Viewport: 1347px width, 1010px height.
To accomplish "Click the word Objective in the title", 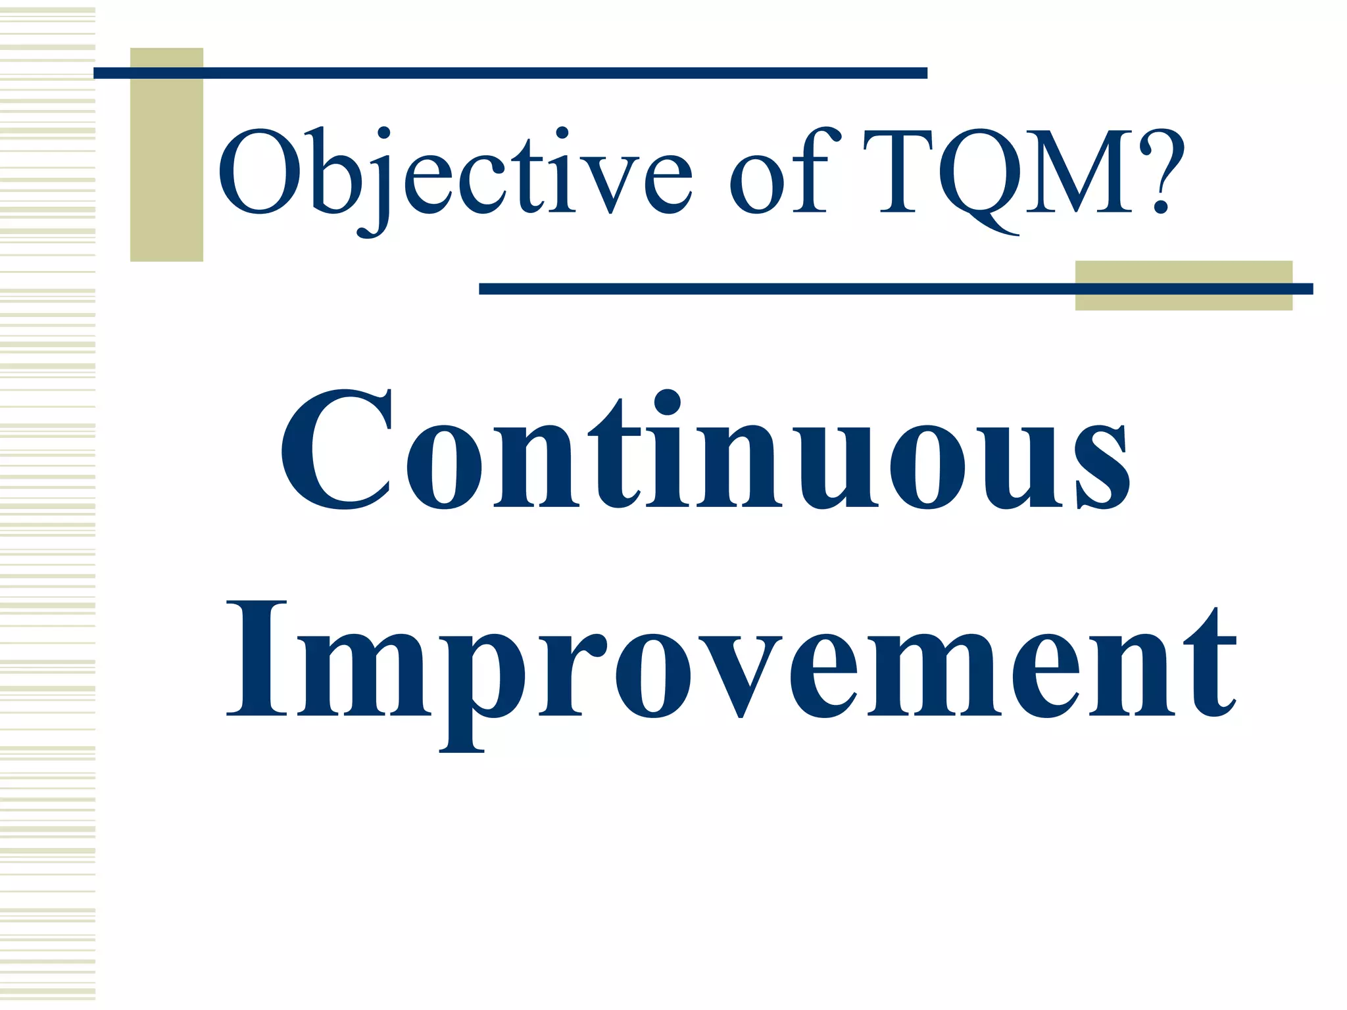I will [x=454, y=172].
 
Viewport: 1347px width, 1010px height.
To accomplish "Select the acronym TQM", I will [x=1000, y=172].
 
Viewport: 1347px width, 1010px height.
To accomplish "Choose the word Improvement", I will [x=730, y=664].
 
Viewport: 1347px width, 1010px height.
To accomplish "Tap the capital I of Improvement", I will [x=257, y=658].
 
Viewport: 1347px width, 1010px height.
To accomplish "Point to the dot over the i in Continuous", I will [x=668, y=402].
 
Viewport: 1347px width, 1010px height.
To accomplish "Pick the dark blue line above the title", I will [x=510, y=73].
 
